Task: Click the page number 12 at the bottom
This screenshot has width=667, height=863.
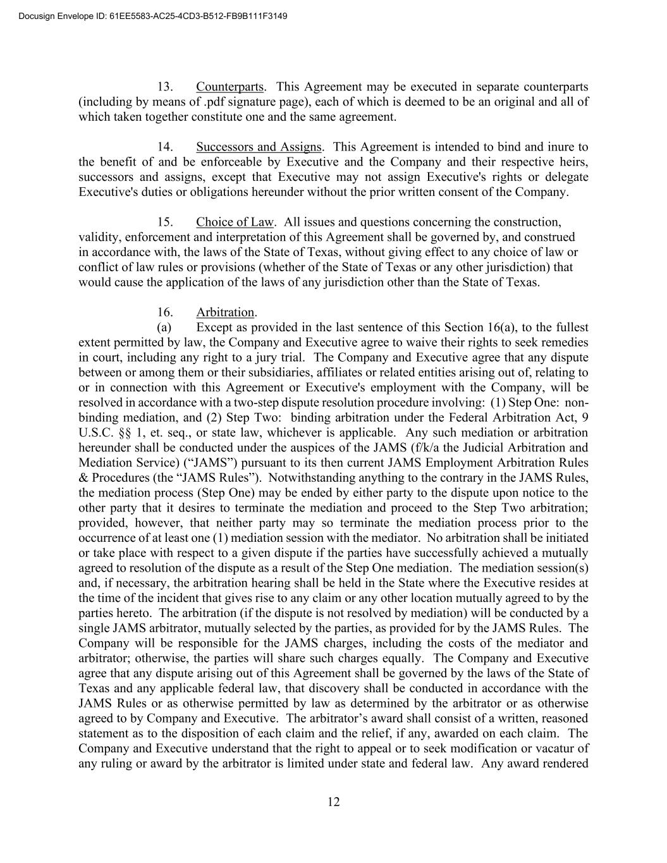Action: tap(334, 802)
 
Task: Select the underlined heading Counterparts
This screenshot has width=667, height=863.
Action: tap(230, 87)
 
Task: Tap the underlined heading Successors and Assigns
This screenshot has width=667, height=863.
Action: tap(259, 147)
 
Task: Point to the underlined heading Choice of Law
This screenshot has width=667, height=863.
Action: tap(235, 222)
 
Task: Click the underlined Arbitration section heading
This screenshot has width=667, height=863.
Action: tap(225, 312)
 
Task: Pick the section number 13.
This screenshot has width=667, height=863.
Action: tap(166, 87)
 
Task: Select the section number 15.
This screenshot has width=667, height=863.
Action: tap(166, 222)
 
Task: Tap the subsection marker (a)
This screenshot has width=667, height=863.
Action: tap(164, 327)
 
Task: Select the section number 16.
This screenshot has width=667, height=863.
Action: tap(166, 312)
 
